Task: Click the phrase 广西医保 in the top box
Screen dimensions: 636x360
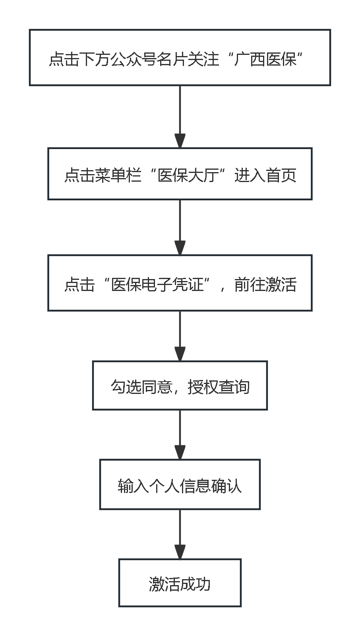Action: [x=265, y=59]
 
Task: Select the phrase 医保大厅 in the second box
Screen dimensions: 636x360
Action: [x=188, y=175]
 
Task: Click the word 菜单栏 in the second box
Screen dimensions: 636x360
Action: [x=118, y=175]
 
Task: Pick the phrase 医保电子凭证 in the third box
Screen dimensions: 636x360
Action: [x=157, y=285]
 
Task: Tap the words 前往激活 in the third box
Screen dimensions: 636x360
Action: [x=265, y=285]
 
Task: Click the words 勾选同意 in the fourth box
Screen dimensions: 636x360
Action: [x=141, y=387]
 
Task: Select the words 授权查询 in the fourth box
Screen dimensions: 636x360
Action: [x=219, y=387]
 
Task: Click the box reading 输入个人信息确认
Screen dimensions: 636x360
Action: [x=180, y=485]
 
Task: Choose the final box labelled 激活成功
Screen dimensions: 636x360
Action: [x=180, y=583]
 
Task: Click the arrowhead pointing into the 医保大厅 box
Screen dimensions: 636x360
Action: [x=180, y=141]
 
